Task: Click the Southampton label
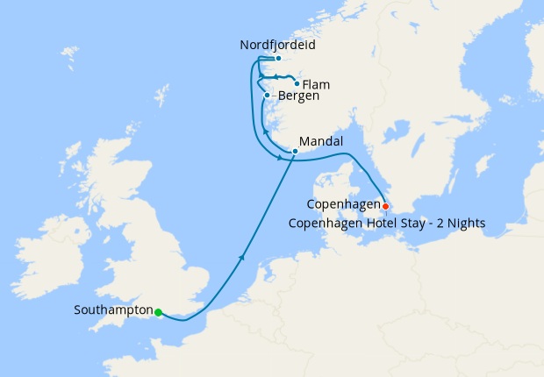[113, 310]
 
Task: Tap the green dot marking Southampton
[158, 312]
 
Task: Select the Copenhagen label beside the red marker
[343, 204]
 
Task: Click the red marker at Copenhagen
[385, 206]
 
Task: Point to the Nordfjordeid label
[277, 44]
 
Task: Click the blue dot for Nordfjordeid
[277, 59]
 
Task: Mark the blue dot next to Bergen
[267, 95]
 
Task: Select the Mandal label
[320, 140]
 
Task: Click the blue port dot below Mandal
[296, 152]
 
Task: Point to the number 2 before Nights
[440, 224]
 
